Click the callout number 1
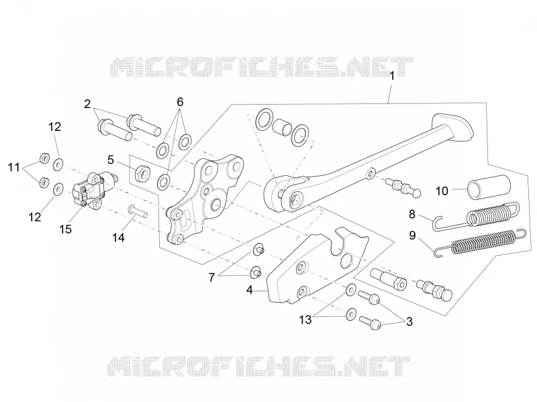click(392, 76)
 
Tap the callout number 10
click(442, 191)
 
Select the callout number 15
click(65, 229)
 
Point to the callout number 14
click(119, 238)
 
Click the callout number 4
click(249, 290)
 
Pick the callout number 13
click(305, 320)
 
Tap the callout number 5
click(110, 160)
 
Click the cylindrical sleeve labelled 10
click(489, 187)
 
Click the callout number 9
click(412, 236)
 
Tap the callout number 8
click(412, 214)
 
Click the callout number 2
click(88, 104)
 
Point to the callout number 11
click(14, 167)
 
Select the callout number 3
click(409, 321)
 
